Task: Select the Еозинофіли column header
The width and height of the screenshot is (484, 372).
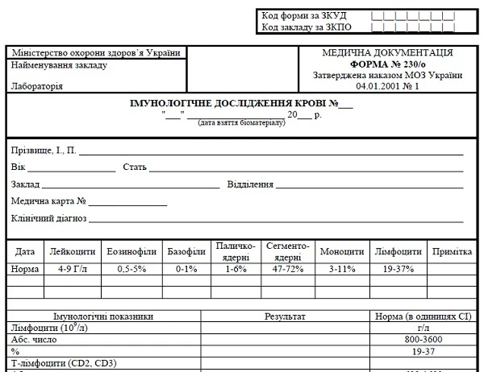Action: [131, 252]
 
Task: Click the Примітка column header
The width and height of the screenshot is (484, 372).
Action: [451, 252]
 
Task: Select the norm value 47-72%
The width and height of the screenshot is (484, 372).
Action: [288, 269]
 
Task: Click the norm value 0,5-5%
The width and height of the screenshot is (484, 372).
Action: [131, 269]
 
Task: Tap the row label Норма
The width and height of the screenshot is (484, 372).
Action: [25, 269]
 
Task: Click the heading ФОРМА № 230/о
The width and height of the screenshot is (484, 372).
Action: [387, 64]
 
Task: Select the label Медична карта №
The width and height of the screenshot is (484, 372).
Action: [49, 201]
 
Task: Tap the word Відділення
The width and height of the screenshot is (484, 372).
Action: [251, 184]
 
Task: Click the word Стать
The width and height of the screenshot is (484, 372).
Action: [134, 167]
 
